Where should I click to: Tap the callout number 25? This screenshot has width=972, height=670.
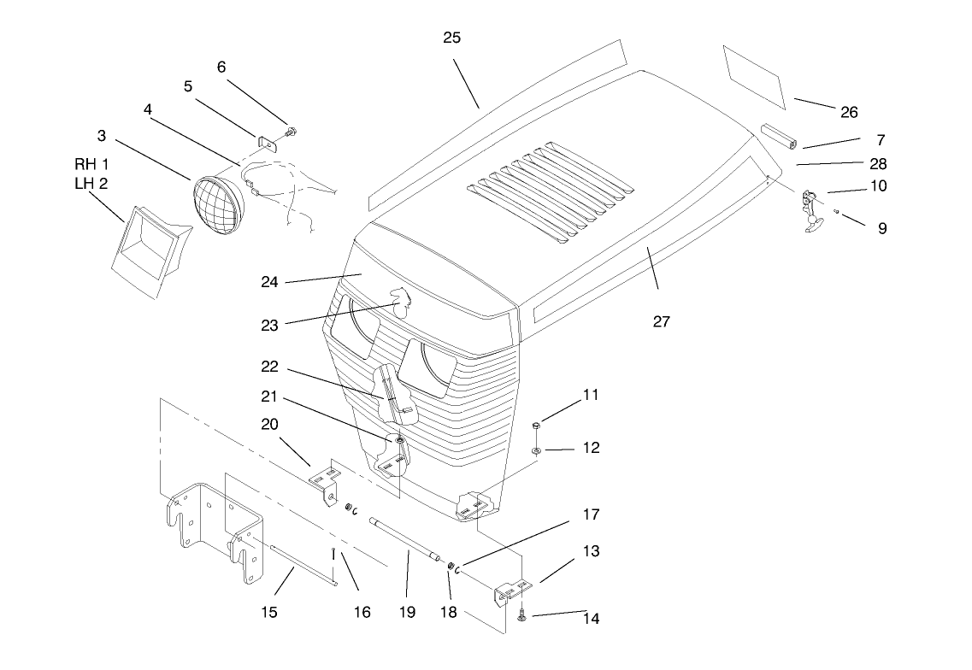coord(452,38)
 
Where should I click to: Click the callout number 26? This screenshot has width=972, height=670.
coord(849,112)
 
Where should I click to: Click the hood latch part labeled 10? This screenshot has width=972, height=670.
coord(811,210)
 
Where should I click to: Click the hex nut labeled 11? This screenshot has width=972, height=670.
coord(536,426)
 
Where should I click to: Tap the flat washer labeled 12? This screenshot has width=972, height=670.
coord(536,450)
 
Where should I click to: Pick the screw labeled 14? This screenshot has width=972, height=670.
coord(521,614)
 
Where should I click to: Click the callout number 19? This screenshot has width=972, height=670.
coord(407,613)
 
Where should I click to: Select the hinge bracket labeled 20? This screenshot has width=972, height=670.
coord(325,481)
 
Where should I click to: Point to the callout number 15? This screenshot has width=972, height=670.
coord(268,613)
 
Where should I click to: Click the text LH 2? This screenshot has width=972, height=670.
coord(91,184)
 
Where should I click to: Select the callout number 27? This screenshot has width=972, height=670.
coord(662,321)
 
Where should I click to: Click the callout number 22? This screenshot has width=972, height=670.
coord(269,367)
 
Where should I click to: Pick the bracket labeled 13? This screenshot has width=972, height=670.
coord(513,591)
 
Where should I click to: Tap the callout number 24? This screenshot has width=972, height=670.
coord(269,282)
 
